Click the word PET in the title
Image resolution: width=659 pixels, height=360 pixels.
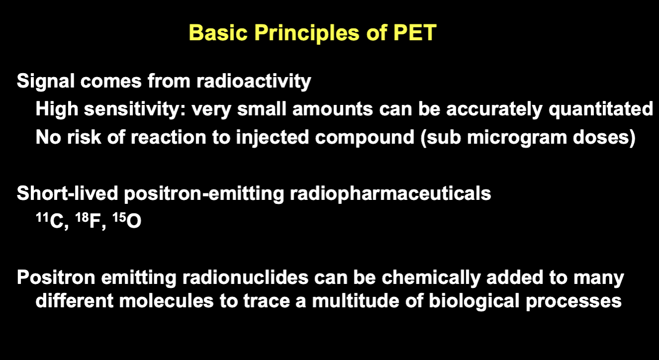click(x=415, y=32)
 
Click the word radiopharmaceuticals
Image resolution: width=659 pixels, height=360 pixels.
click(x=391, y=194)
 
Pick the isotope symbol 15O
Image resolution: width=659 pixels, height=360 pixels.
click(x=127, y=220)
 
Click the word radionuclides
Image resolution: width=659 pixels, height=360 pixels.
click(x=246, y=277)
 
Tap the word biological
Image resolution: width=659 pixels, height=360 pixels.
click(x=474, y=302)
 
